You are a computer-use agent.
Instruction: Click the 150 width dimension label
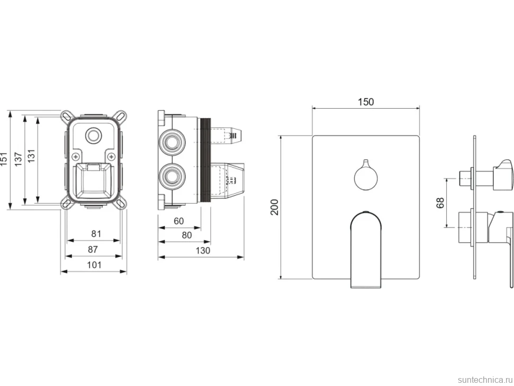coord(366,102)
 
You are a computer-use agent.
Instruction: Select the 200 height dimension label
coord(274,207)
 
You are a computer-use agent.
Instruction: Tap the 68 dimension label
coord(440,203)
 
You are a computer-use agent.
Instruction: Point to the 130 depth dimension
coord(202,251)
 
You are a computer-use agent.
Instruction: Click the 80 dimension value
coord(187,235)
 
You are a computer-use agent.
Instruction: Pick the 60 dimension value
coord(179,221)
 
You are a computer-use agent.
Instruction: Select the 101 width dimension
coord(94,265)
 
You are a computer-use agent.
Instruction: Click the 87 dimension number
coord(93,250)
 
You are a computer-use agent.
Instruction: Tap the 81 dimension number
coord(96,234)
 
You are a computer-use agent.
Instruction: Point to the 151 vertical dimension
coord(4,159)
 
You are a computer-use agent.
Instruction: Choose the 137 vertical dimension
coord(18,159)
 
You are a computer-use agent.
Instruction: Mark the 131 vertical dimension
coord(31,156)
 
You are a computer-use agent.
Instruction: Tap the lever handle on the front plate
coord(366,249)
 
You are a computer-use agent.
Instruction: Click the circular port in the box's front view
coord(92,135)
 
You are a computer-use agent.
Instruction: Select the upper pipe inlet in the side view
coord(171,142)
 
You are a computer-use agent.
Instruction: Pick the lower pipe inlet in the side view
coord(171,176)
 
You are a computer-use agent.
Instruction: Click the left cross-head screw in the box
coord(76,156)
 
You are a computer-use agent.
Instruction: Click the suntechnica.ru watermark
coord(485,380)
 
